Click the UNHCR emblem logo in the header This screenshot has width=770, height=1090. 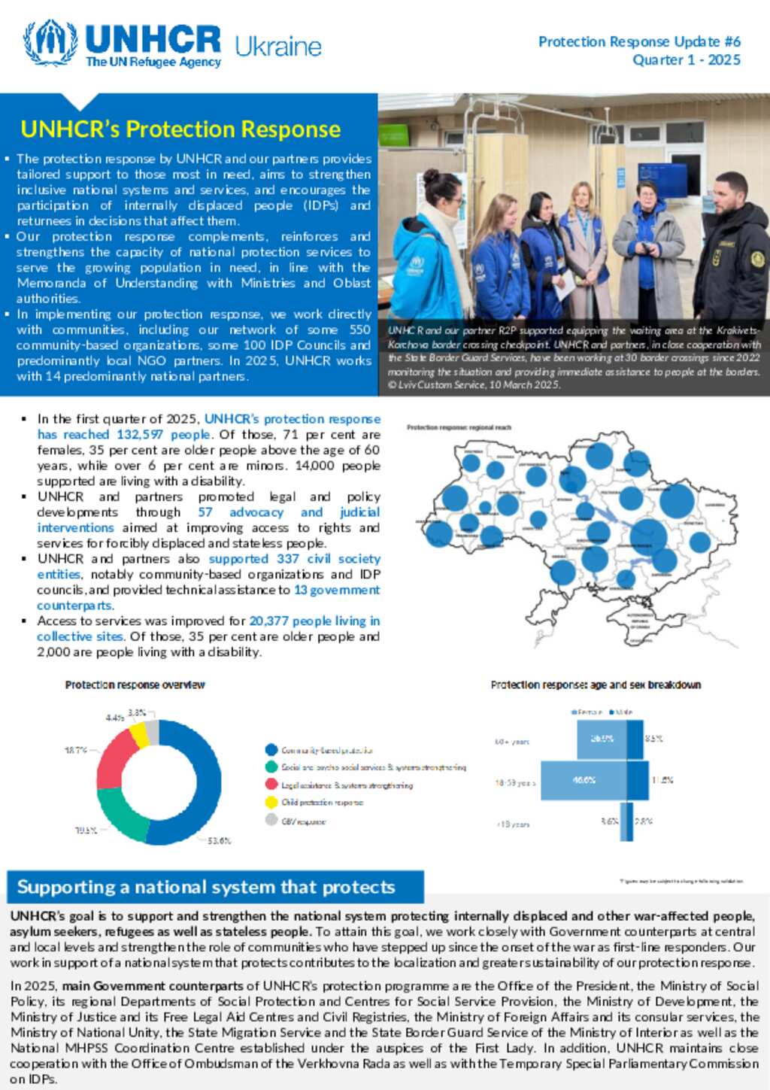tap(50, 43)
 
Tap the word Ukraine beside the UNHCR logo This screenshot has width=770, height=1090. tap(278, 47)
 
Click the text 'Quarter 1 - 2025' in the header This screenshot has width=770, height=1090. tap(686, 60)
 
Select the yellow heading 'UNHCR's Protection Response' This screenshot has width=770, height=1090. tap(180, 129)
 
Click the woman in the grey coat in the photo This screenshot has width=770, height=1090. tap(648, 248)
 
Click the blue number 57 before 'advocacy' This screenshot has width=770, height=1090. tap(205, 512)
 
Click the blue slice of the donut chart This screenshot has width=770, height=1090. tap(196, 797)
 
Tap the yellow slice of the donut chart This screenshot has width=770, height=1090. tap(138, 733)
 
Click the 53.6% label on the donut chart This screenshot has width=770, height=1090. tap(219, 841)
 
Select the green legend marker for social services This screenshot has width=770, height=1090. tap(271, 767)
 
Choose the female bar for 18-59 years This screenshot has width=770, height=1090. tap(583, 781)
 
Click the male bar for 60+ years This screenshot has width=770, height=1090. tap(635, 739)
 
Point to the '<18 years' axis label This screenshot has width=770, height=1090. tap(513, 824)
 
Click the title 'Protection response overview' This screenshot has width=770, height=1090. tap(135, 685)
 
